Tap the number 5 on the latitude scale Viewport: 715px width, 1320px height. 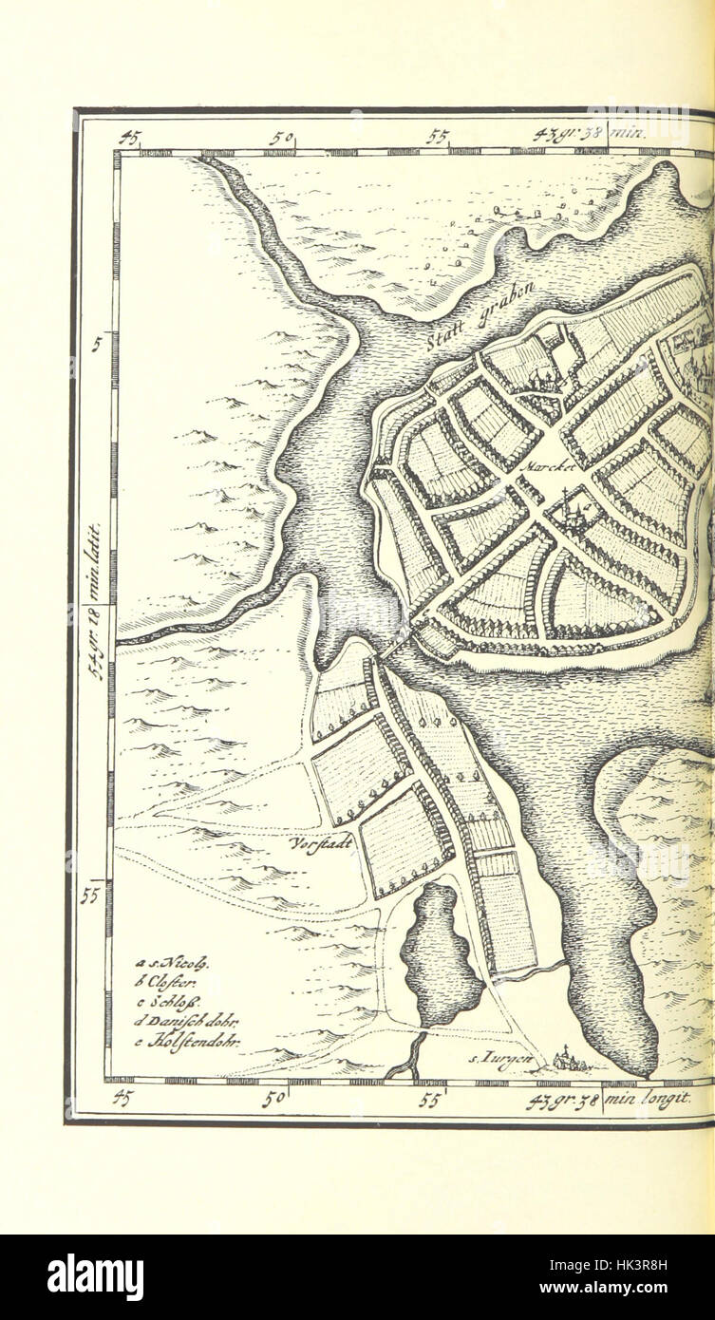[97, 345]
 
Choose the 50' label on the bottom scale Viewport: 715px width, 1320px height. [276, 1100]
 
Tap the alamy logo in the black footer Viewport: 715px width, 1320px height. [95, 1277]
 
